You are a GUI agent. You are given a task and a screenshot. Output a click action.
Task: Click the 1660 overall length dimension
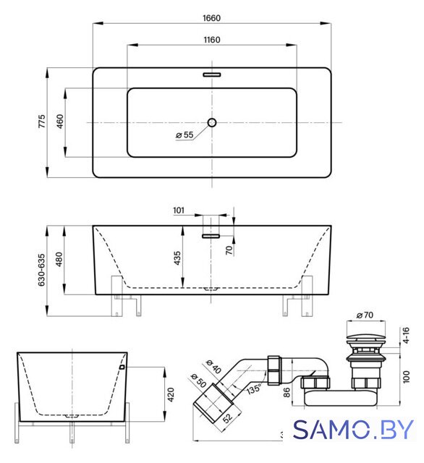point(211,18)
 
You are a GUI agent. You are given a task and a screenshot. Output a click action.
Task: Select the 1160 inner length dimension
point(212,40)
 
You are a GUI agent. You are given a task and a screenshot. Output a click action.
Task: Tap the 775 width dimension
point(42,122)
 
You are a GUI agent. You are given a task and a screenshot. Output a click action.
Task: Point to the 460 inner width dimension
point(60,122)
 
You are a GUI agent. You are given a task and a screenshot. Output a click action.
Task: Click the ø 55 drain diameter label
point(185,135)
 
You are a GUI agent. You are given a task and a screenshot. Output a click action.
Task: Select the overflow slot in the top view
point(212,75)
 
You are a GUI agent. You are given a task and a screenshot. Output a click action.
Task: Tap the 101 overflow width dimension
point(178,211)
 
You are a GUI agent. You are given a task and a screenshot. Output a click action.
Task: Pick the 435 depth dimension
point(177,258)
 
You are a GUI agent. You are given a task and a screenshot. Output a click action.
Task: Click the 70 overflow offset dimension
point(229,250)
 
